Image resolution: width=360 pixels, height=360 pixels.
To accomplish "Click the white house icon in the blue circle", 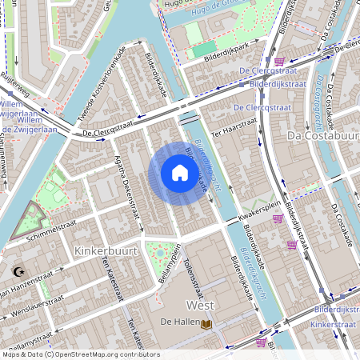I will tap(180, 173).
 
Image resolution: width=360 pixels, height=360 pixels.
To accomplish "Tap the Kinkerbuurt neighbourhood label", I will tap(106, 251).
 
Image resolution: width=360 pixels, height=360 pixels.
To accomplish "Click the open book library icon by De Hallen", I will tap(206, 323).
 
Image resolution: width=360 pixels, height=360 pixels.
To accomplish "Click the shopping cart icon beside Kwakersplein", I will tap(278, 218).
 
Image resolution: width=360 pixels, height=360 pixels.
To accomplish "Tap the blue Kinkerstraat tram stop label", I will tap(331, 325).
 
